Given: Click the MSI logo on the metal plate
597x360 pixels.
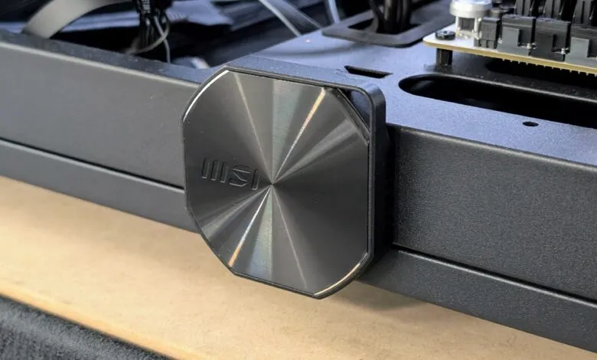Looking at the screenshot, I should pyautogui.click(x=229, y=174).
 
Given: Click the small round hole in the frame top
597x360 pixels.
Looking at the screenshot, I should pyautogui.click(x=530, y=123).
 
